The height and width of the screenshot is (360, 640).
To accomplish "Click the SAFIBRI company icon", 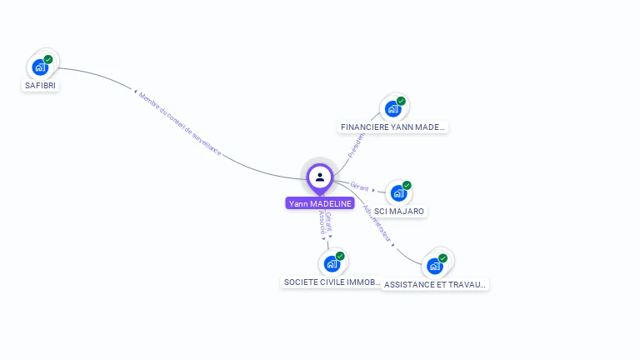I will (40, 67).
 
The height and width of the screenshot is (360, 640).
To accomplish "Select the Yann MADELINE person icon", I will (320, 177).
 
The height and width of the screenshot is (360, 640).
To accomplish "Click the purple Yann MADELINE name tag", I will (320, 203).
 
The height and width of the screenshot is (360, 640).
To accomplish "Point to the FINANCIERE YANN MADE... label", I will (393, 127).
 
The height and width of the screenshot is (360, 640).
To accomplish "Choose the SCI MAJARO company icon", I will (398, 192).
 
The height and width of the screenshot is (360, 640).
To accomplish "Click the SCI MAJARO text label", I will (399, 212).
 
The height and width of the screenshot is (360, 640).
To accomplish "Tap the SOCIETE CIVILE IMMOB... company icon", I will (332, 263).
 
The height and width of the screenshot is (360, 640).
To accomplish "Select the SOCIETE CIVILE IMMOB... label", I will (332, 282).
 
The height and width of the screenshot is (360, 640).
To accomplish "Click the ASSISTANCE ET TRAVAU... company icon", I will (434, 266).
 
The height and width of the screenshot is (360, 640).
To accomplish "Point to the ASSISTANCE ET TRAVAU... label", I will (435, 284).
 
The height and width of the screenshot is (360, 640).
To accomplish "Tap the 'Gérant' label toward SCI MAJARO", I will (360, 187).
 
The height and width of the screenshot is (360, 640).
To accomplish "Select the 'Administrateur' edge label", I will (379, 223).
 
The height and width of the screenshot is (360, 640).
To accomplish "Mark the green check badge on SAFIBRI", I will (48, 59).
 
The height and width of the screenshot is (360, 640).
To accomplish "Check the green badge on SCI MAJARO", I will (407, 185).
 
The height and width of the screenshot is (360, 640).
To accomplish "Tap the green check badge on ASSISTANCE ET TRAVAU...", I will (442, 258).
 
